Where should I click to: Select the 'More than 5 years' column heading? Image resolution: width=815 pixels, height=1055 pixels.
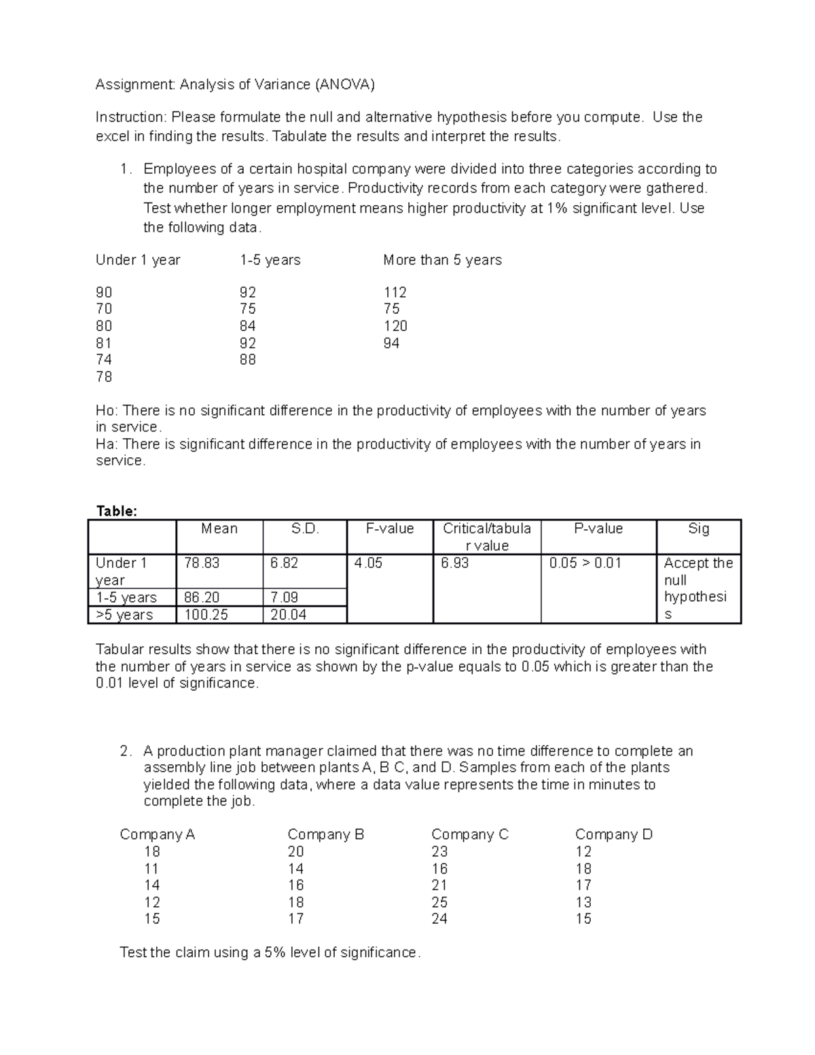tap(442, 260)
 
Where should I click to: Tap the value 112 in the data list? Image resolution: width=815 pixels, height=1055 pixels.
tap(395, 292)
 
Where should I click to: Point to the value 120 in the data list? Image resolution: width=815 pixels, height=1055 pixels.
tap(395, 326)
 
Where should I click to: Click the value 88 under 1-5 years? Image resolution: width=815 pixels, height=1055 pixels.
tap(247, 359)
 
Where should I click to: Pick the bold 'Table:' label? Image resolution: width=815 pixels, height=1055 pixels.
tap(116, 511)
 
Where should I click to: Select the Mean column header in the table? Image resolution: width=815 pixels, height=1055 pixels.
tap(219, 529)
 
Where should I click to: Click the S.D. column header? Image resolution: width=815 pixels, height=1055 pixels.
tap(304, 529)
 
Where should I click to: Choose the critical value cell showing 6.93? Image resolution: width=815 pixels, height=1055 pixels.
tap(454, 563)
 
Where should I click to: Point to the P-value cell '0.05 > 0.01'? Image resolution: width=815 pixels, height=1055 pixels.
tap(585, 563)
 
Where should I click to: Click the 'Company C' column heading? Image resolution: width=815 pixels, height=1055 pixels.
tap(469, 834)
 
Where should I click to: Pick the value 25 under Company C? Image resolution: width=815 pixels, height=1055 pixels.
tap(439, 902)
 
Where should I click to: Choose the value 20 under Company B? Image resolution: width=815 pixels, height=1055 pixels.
tap(295, 851)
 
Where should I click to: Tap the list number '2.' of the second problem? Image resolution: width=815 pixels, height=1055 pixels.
tap(125, 751)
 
